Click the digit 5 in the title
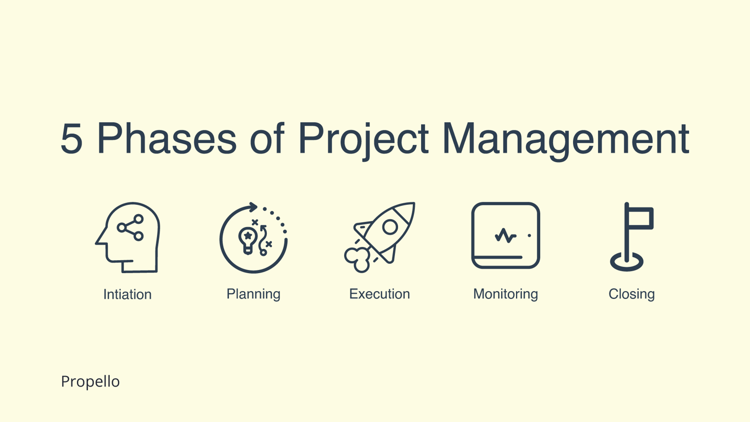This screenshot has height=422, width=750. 72,139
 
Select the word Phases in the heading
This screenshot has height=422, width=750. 167,139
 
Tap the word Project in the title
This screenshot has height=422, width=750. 363,139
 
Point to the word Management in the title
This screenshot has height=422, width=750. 565,139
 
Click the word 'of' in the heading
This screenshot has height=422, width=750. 267,139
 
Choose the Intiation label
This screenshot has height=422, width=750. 127,294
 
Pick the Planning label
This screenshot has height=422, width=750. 253,294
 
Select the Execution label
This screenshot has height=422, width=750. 380,294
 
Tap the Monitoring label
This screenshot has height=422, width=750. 505,294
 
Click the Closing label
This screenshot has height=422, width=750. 631,294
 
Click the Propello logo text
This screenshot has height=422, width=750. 90,381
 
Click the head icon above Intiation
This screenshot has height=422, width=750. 128,237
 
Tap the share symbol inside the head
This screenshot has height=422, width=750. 131,227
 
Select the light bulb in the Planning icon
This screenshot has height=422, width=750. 248,239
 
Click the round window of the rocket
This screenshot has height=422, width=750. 390,227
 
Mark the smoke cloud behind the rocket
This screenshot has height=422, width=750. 358,259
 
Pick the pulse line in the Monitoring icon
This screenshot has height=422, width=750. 505,236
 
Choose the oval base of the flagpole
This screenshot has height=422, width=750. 627,262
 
